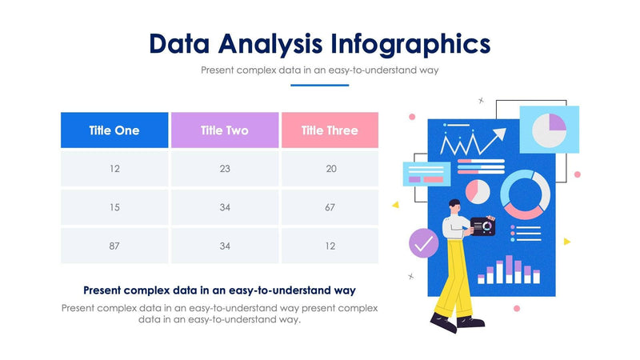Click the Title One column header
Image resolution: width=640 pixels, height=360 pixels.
(x=114, y=130)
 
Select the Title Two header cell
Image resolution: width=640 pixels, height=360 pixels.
(x=225, y=130)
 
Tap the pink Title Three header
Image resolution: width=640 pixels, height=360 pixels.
(x=330, y=130)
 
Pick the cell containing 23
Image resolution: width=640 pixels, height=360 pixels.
(x=225, y=169)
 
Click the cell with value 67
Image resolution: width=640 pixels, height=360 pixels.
(x=330, y=207)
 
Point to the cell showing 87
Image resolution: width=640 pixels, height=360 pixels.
(x=114, y=246)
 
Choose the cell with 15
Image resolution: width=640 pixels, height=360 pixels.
(x=114, y=207)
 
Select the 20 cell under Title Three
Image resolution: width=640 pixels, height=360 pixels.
(x=330, y=169)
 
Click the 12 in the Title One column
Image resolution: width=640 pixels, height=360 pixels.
(x=114, y=169)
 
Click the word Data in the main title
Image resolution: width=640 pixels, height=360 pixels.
(x=182, y=42)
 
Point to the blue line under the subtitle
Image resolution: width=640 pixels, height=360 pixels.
(x=320, y=85)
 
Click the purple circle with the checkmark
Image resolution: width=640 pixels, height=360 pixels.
(x=423, y=242)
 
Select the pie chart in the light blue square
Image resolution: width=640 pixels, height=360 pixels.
(x=550, y=129)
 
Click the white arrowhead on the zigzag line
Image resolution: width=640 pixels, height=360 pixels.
(x=499, y=134)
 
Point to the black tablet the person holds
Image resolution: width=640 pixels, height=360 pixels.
(x=482, y=227)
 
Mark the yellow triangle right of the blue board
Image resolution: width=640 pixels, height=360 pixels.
(x=566, y=241)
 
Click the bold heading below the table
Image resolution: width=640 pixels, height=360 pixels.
(x=219, y=290)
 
